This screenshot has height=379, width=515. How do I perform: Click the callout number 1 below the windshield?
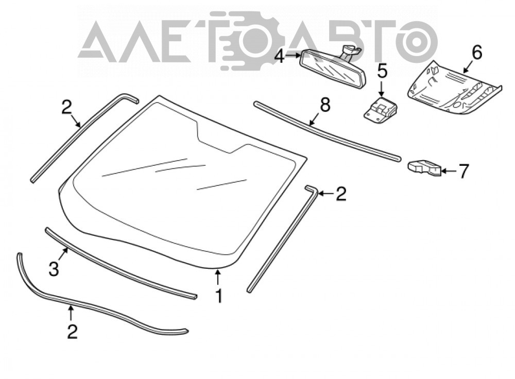pyautogui.click(x=218, y=296)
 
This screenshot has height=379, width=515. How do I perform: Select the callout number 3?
pyautogui.click(x=54, y=269)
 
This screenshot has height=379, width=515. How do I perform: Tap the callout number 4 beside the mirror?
pyautogui.click(x=280, y=56)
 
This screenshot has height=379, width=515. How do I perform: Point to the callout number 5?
pyautogui.click(x=382, y=71)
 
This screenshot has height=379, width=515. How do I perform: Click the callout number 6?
pyautogui.click(x=476, y=53)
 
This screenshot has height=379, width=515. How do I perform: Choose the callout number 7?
pyautogui.click(x=463, y=171)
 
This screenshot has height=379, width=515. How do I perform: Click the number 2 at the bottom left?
pyautogui.click(x=72, y=332)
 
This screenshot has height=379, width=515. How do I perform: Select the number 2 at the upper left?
pyautogui.click(x=66, y=107)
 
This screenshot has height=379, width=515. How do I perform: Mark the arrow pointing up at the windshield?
pyautogui.click(x=217, y=277)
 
